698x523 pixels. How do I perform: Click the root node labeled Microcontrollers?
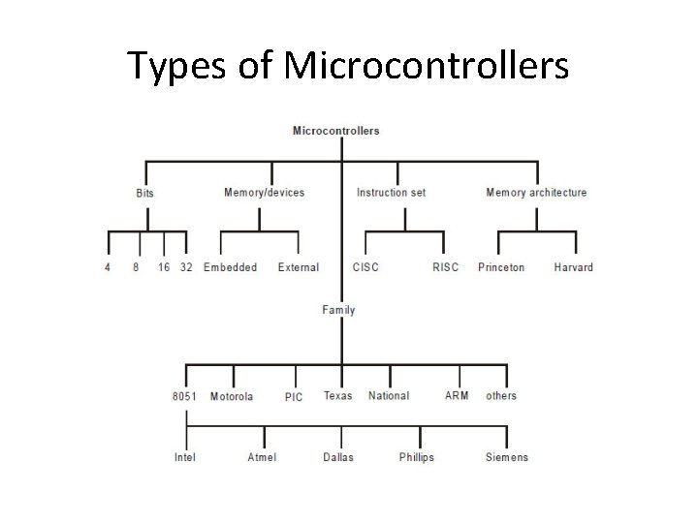[x=335, y=131]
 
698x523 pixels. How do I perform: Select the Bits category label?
[x=144, y=193]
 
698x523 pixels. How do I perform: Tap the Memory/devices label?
[x=264, y=192]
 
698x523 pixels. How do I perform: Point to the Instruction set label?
[x=391, y=192]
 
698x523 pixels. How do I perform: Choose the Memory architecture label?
[x=536, y=192]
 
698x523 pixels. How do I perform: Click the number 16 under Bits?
[x=164, y=267]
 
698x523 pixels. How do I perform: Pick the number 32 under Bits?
[x=186, y=267]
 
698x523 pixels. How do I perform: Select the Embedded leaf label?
[x=230, y=267]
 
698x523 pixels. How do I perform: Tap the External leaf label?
[x=298, y=267]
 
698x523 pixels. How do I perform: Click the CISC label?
[x=365, y=267]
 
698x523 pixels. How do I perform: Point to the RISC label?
[x=445, y=267]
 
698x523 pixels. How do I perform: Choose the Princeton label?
[x=501, y=267]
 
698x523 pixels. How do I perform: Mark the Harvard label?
[x=574, y=267]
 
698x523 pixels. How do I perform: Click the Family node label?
[x=338, y=310]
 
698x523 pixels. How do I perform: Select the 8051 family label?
[x=185, y=396]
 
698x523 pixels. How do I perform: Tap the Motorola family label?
[x=232, y=396]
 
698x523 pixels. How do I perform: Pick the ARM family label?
[x=456, y=396]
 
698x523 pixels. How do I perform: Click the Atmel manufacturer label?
[x=262, y=457]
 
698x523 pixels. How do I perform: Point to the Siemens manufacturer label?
[x=507, y=457]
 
